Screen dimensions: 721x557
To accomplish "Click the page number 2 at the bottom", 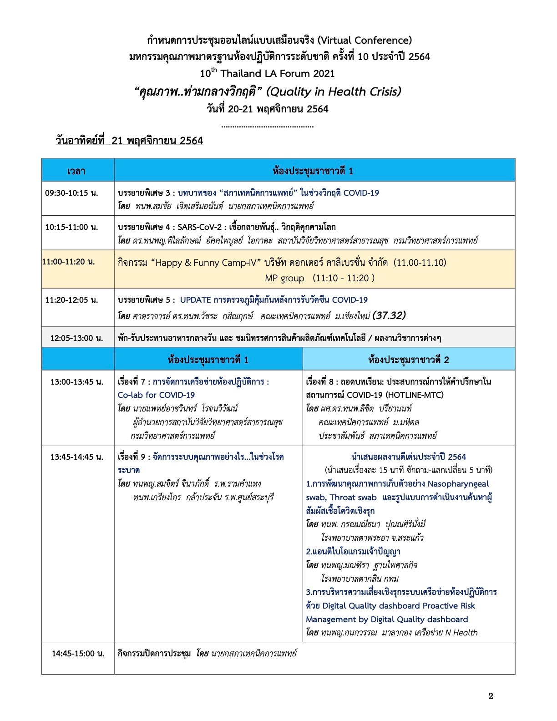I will tap(490, 696).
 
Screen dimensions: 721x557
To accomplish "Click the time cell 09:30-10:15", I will tap(71, 193).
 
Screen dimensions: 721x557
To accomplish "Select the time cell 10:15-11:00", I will tap(71, 227).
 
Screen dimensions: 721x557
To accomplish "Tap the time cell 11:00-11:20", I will tap(69, 262).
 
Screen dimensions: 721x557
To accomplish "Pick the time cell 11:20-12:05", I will tap(71, 300).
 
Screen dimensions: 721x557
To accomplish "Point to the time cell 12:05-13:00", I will tap(76, 338).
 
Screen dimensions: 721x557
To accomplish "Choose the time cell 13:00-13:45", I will tap(76, 381).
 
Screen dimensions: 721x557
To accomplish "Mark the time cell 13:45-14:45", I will tap(76, 457).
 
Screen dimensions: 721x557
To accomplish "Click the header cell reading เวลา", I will tap(76, 171).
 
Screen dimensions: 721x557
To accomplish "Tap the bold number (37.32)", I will tap(389, 315).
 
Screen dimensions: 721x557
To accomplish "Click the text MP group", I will tap(284, 278).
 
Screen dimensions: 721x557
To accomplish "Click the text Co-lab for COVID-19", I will tap(156, 395).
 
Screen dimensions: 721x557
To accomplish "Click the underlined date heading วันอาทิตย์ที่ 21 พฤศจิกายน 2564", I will tap(129, 141).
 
